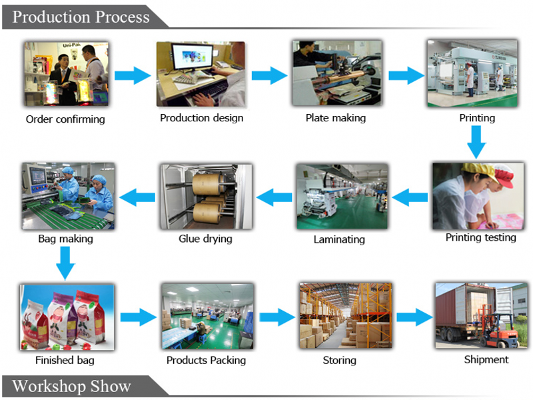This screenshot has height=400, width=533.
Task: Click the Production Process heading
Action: (x=81, y=17)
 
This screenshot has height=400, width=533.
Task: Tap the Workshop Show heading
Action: (x=71, y=386)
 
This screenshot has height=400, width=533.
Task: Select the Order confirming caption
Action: (x=65, y=119)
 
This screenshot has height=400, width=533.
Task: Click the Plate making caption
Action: (x=336, y=118)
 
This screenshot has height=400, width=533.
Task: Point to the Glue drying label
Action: (x=205, y=239)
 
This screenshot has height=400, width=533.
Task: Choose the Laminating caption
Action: (x=339, y=239)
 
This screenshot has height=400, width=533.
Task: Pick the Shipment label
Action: (x=486, y=359)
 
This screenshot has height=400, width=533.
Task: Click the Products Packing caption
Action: (x=206, y=360)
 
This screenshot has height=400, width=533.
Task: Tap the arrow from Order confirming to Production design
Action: (x=133, y=75)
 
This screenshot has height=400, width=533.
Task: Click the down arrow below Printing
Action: (x=476, y=142)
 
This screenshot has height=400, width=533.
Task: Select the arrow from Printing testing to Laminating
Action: (x=410, y=197)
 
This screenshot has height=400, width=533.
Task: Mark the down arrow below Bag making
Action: (x=65, y=263)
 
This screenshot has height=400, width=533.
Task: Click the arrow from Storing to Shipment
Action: (x=414, y=317)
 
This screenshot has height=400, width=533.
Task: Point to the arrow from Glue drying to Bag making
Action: (x=137, y=197)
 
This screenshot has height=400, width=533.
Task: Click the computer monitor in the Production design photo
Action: (x=193, y=58)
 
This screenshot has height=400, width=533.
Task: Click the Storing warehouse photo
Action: (x=345, y=315)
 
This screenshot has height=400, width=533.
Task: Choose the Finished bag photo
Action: (x=67, y=317)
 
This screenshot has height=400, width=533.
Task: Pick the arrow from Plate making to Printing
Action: (x=406, y=75)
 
